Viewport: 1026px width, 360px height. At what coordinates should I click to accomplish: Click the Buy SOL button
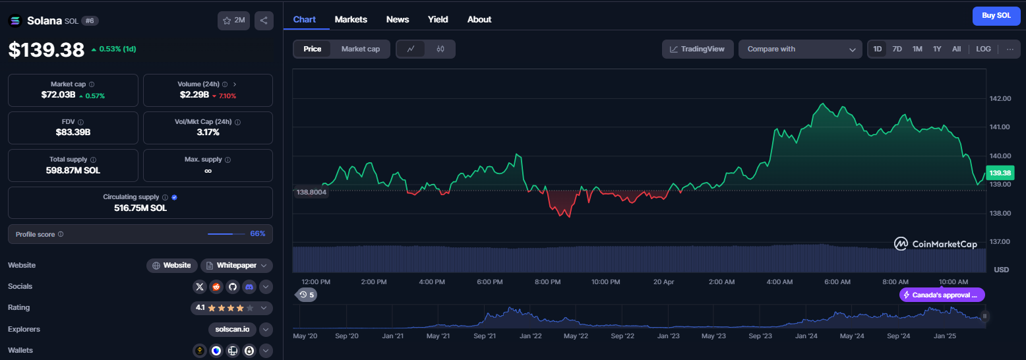tap(996, 16)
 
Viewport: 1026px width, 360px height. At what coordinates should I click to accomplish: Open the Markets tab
tap(350, 19)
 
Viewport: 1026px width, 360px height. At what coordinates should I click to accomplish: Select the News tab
tap(397, 19)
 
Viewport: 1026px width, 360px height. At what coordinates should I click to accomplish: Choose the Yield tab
tap(437, 19)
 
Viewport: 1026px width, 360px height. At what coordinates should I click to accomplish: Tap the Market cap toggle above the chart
tap(361, 49)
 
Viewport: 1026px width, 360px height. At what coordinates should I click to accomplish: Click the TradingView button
tap(697, 49)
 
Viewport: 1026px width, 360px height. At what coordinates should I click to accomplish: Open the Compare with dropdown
tap(800, 49)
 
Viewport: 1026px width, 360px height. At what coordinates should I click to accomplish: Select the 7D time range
tap(897, 49)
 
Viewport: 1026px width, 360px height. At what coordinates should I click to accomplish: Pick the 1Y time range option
tap(937, 49)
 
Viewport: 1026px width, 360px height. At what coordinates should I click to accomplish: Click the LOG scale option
tap(983, 49)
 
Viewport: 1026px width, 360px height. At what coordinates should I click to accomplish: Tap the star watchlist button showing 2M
tap(233, 20)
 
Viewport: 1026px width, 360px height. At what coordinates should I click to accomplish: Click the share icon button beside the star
tap(264, 20)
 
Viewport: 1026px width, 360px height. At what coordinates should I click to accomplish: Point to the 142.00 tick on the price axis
tap(1000, 98)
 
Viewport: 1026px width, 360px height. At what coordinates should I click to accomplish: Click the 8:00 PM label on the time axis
tap(547, 282)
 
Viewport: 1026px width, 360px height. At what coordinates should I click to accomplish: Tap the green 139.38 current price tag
tap(1000, 173)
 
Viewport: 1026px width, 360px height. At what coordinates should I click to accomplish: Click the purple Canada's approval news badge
tap(942, 295)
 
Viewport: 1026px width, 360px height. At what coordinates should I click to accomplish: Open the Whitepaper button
tap(236, 266)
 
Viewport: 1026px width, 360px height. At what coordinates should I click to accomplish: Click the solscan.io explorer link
tap(232, 329)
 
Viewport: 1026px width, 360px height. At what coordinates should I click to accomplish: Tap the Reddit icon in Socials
tap(216, 287)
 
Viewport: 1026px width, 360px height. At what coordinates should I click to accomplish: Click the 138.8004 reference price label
tap(311, 192)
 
